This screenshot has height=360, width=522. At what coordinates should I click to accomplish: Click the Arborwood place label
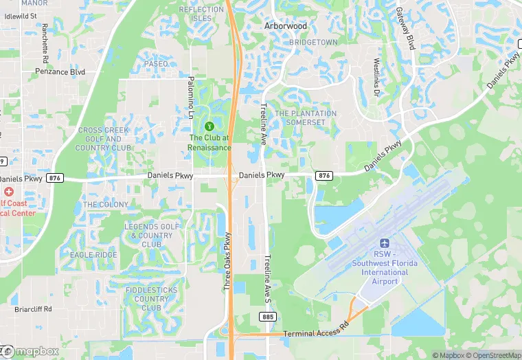[x=285, y=26]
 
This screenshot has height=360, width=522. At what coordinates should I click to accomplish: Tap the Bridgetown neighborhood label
[x=313, y=43]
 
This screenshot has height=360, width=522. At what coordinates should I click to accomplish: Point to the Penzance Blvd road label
[x=60, y=71]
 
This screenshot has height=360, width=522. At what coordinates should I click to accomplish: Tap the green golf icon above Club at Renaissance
[x=210, y=126]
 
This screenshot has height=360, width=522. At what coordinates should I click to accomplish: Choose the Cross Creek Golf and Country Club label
[x=103, y=139]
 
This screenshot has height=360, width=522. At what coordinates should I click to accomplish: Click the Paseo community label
[x=156, y=64]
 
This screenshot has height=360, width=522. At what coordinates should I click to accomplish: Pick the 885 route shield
[x=268, y=316]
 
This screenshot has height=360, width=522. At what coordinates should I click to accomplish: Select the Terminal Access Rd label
[x=316, y=334]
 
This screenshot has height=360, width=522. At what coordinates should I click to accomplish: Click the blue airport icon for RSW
[x=385, y=244]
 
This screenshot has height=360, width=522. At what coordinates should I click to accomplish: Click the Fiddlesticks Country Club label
[x=151, y=299]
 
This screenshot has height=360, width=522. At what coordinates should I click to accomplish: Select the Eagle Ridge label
[x=93, y=255]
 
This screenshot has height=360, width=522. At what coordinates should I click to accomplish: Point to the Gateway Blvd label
[x=406, y=29]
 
